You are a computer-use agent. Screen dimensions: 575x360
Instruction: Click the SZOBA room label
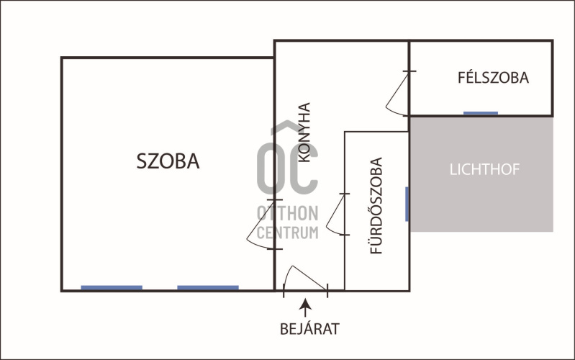tap(168, 161)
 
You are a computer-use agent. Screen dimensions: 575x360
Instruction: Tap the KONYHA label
tap(304, 132)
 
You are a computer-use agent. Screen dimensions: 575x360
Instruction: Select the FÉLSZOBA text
tap(493, 78)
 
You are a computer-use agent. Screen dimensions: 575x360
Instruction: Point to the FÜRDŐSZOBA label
tap(376, 205)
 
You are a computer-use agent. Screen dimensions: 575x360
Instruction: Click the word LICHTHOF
tap(484, 169)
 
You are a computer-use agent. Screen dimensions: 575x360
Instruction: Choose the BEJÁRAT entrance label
tap(309, 329)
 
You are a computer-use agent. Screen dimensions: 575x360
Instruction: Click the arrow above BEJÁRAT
tap(305, 307)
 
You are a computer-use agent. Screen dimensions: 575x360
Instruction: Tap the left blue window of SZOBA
tap(112, 288)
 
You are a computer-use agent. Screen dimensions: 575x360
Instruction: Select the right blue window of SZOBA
tap(208, 288)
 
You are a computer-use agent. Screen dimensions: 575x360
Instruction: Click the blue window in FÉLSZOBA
tap(481, 113)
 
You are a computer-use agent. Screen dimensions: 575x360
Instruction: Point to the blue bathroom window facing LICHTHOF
tap(407, 204)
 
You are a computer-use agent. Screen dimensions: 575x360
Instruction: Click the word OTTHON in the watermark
tap(288, 213)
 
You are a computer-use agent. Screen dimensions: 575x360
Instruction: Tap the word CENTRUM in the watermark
tap(288, 233)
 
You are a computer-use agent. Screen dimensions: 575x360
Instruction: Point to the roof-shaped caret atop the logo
tap(287, 127)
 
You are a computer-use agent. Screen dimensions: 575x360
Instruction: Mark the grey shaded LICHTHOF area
tap(481, 174)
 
